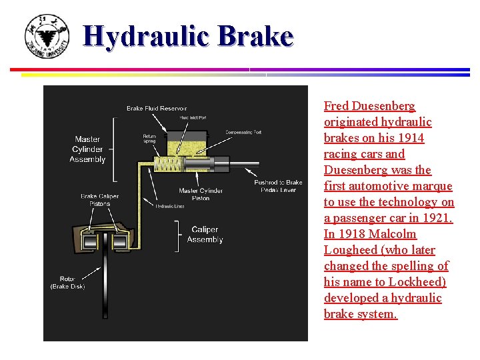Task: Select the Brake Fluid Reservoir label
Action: click(x=157, y=108)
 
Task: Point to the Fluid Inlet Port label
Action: click(x=193, y=118)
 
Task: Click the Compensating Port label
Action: click(x=243, y=132)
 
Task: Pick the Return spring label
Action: click(x=149, y=139)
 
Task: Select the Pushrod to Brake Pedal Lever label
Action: click(x=278, y=186)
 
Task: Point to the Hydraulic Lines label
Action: click(x=170, y=207)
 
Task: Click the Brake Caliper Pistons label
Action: click(x=100, y=201)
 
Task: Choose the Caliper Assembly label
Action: click(x=205, y=235)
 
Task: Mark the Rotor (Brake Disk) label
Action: click(x=67, y=282)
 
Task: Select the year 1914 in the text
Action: click(x=410, y=138)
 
